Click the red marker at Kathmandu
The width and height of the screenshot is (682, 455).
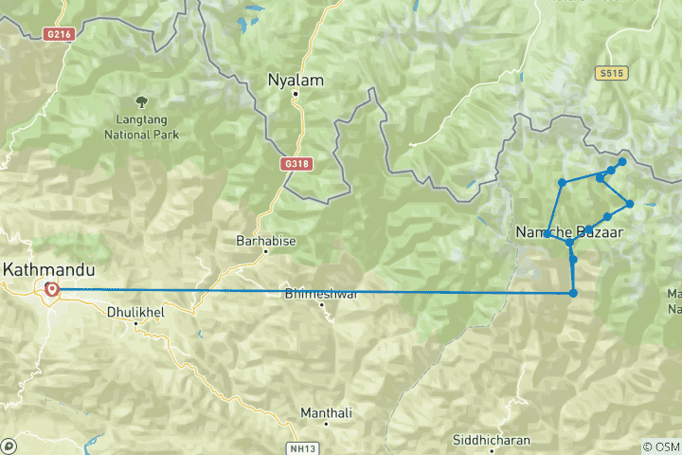pos(51,289)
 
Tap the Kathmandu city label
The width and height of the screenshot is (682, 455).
pos(42,269)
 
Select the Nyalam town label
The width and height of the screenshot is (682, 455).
pos(296,81)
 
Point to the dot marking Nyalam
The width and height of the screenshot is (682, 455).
pos(296,94)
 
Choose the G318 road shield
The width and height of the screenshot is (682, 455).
pos(296,164)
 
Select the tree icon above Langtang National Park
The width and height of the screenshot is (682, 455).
pos(140,99)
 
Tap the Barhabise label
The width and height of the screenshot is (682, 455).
pos(266,242)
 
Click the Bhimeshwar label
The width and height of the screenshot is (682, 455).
pos(320,294)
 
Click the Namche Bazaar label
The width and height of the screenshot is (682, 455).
pos(568,231)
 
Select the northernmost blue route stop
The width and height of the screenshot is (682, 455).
pos(622,162)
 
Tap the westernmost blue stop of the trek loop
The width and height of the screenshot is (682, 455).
pos(548,233)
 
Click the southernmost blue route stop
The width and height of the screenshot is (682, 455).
pos(574,293)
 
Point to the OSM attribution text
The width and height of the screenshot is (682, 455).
pos(661,446)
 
